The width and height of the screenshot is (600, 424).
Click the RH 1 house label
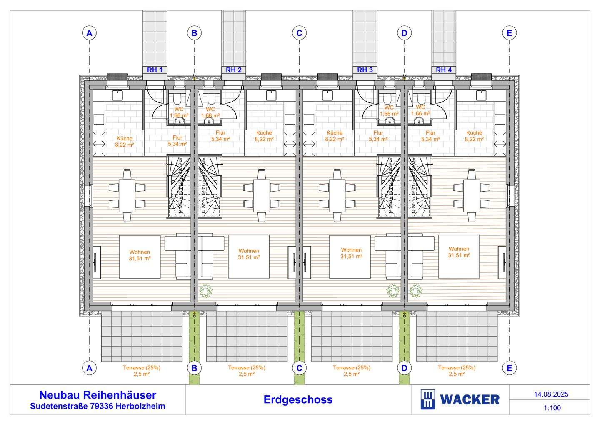155,70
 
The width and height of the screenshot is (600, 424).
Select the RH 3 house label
365,70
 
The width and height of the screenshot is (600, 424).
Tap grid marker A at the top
89,33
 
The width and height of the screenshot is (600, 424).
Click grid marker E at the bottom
509,368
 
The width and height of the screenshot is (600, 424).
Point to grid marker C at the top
299,33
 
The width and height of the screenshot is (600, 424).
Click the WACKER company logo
460,400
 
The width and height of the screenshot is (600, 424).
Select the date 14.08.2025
551,394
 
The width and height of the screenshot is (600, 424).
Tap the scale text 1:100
552,408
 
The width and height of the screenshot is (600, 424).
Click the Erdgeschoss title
298,400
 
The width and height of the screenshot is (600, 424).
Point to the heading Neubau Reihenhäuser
97,395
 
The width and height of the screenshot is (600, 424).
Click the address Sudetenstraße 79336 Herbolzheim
97,406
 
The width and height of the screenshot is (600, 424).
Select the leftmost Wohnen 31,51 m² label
140,255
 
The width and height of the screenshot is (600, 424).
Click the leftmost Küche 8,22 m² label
125,142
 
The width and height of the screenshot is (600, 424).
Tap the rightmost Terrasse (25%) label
457,371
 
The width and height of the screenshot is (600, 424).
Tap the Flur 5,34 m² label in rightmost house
430,136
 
